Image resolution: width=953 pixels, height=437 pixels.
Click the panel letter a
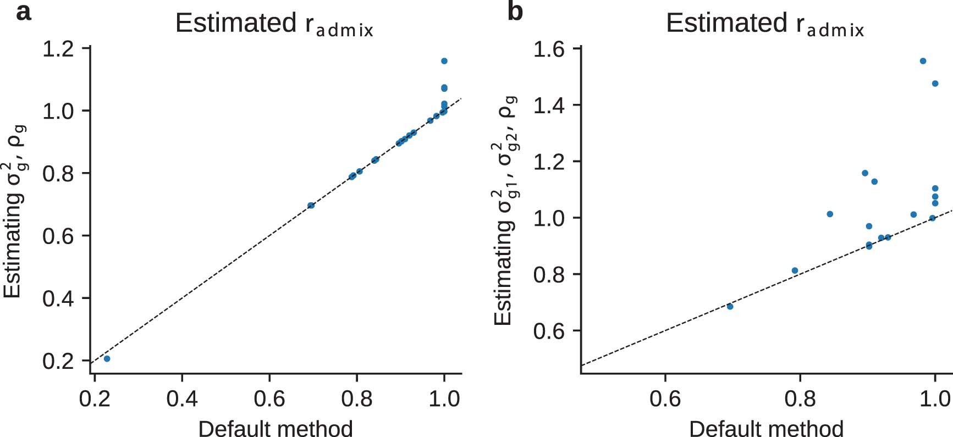point(23,12)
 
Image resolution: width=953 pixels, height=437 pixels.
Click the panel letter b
point(515,12)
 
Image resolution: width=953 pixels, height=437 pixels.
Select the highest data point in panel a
point(444,61)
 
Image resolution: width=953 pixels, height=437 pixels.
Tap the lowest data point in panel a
point(107,358)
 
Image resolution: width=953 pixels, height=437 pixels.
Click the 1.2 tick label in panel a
point(58,49)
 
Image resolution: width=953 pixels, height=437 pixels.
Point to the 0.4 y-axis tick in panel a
point(58,298)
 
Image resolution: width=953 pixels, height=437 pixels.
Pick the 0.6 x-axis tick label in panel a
point(269,399)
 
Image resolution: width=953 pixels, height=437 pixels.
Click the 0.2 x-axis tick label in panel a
point(95,399)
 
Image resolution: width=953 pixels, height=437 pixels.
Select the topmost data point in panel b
point(923,61)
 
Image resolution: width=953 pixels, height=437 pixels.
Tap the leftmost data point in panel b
point(730,306)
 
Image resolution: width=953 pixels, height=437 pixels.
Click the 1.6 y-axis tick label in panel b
point(549,49)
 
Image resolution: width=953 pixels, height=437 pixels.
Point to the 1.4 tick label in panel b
point(549,105)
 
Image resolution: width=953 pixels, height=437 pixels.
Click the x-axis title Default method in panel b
point(766,428)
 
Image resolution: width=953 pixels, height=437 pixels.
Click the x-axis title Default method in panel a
point(275,428)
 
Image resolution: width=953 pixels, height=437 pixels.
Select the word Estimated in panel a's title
point(236,24)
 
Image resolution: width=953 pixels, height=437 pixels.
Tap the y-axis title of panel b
point(505,212)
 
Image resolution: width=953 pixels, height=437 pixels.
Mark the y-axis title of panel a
point(14,212)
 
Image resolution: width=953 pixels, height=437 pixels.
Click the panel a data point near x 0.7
point(311,205)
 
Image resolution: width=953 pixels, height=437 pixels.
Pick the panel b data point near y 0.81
point(795,270)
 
